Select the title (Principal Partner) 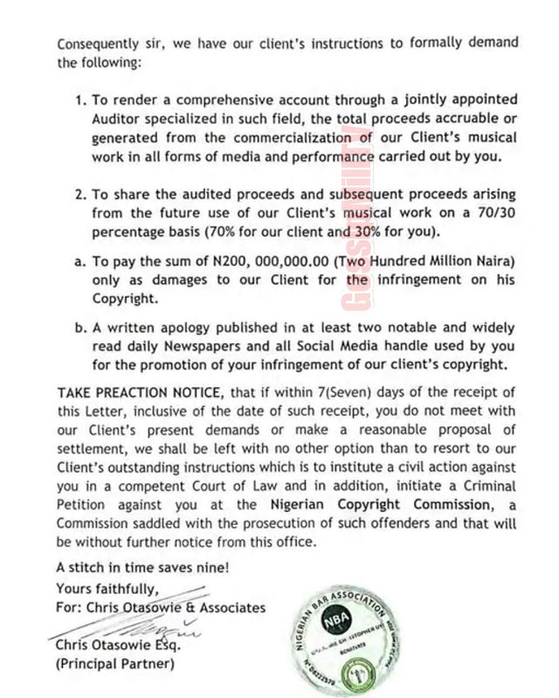115,664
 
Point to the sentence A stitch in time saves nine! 143,565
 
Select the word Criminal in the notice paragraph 490,485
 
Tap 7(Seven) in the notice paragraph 394,389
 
